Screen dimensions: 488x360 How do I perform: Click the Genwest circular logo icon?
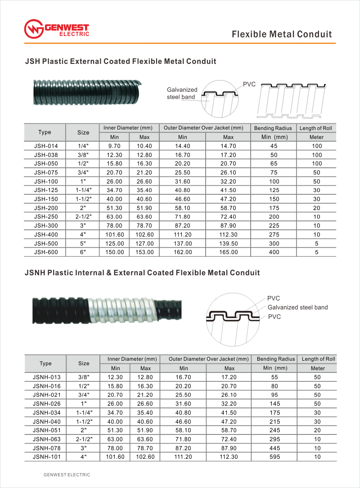coord(34,29)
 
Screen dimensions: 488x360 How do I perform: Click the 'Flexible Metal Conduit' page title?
coord(282,34)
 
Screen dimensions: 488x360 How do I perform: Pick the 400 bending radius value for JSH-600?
coord(274,252)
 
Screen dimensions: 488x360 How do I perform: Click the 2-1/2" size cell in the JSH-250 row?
coord(83,217)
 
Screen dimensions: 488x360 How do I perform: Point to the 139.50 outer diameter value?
coord(228,243)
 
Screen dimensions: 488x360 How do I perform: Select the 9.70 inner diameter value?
coord(114,146)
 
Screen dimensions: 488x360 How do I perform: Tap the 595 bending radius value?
coord(274,457)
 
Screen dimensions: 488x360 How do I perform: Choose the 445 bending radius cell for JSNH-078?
coord(274,448)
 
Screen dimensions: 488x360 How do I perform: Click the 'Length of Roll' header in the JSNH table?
coord(319,359)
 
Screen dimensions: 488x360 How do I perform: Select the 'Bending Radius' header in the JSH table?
coord(274,128)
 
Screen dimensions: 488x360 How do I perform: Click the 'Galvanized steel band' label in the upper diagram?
coord(182,93)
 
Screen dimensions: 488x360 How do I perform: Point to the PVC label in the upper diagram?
coord(249,84)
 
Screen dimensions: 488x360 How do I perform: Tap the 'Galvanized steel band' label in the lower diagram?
coord(297,308)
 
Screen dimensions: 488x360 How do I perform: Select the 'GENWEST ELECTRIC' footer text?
coord(67,475)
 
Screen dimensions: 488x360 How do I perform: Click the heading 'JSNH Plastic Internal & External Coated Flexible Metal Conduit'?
coord(142,273)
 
